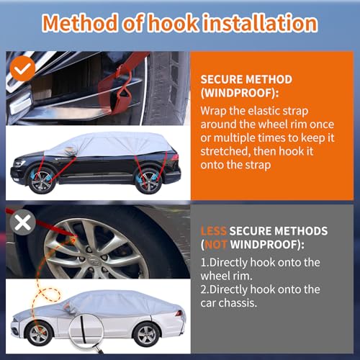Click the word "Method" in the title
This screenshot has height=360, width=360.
(x=81, y=23)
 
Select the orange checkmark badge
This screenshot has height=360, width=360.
(x=22, y=68)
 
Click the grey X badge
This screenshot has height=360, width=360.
(x=22, y=222)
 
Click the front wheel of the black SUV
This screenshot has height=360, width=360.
(x=41, y=181)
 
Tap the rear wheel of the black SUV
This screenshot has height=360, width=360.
(x=148, y=181)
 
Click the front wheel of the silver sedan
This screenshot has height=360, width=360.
(x=39, y=333)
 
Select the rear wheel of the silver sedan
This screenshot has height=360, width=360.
(x=145, y=334)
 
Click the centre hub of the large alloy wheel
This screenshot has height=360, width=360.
(x=93, y=260)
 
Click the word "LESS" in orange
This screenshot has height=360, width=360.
(x=213, y=231)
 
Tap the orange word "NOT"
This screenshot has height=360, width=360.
(x=216, y=245)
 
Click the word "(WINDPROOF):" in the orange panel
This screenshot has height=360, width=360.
(x=240, y=93)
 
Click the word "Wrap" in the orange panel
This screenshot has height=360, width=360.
(x=213, y=112)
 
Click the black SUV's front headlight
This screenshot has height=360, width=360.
(x=19, y=164)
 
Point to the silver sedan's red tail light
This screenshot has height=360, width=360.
(x=179, y=313)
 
